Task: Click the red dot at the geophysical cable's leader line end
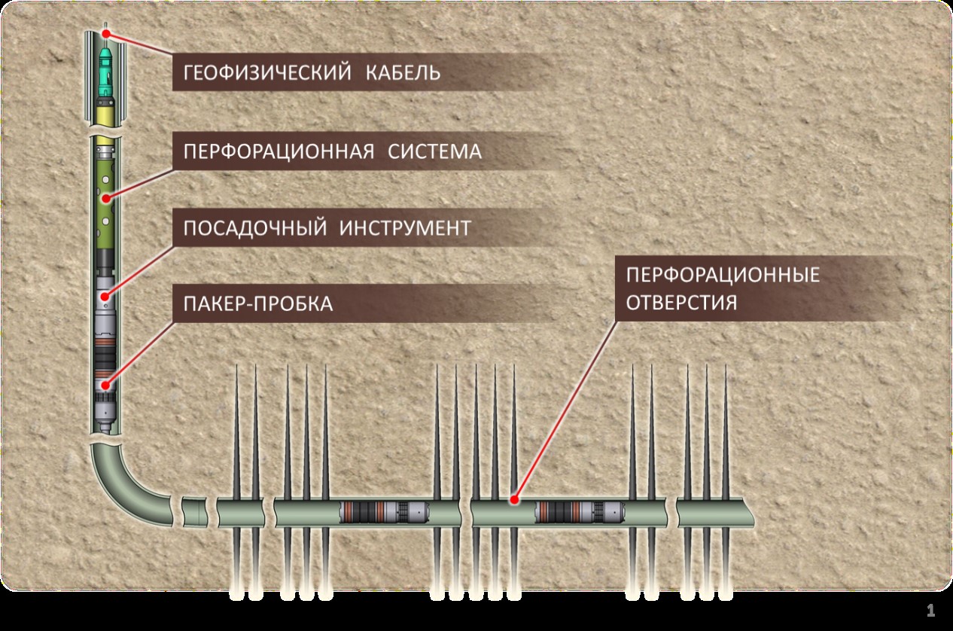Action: point(106,34)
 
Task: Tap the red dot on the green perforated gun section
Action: point(106,198)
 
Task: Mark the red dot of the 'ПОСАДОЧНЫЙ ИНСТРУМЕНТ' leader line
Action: point(105,296)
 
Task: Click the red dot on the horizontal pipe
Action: point(514,500)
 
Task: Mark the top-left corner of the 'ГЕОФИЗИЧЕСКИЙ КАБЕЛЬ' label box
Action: point(172,53)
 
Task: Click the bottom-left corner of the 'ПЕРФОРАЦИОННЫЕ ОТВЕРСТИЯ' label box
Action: point(616,322)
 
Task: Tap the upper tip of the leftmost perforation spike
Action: point(236,364)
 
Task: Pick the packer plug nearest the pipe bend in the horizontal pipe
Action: point(384,512)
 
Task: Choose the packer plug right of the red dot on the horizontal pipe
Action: point(580,512)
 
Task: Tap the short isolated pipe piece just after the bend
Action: point(195,512)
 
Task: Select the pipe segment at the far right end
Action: point(715,513)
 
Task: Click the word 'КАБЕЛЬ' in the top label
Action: point(403,72)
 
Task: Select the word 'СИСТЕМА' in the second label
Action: point(434,151)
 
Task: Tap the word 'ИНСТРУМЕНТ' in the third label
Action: point(405,228)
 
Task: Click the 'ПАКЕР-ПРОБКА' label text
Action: point(257,303)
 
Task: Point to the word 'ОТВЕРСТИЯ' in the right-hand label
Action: point(681,303)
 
